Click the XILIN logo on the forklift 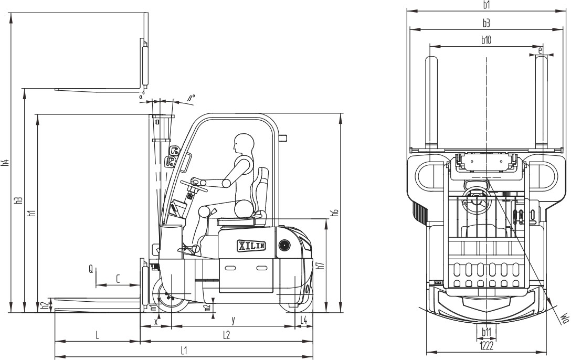coord(252,246)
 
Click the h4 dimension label coord(5,163)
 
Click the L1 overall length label coord(184,351)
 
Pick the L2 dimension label coord(226,335)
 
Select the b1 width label coord(487,5)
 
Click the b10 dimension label coord(486,40)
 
